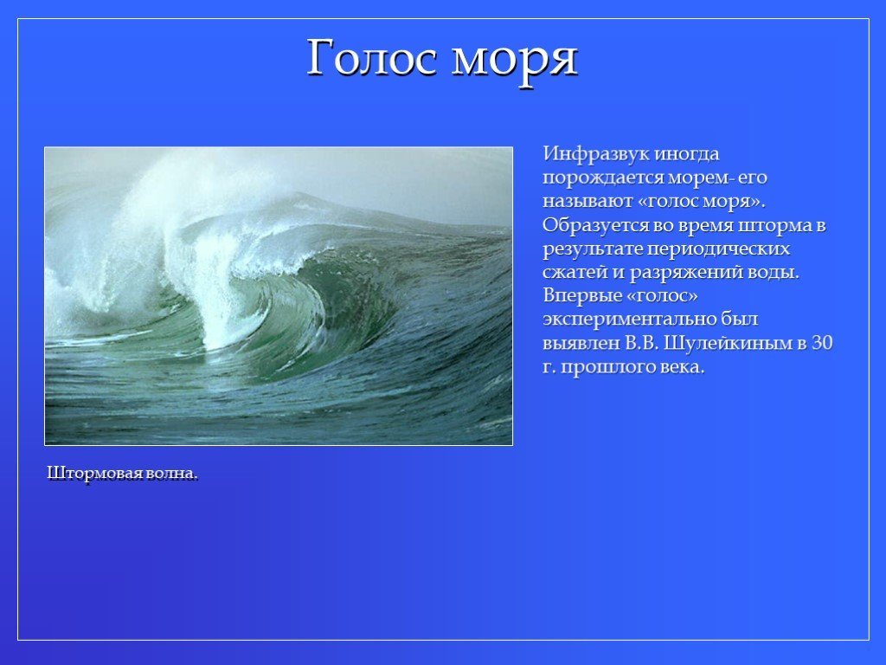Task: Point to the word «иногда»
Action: click(687, 154)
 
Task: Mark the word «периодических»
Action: click(717, 250)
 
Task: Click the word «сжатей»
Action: click(575, 273)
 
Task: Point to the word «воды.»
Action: click(774, 273)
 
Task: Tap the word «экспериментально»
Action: click(628, 320)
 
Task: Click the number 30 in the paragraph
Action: click(822, 343)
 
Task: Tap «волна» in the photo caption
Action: click(170, 474)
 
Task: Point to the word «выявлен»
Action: click(581, 344)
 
